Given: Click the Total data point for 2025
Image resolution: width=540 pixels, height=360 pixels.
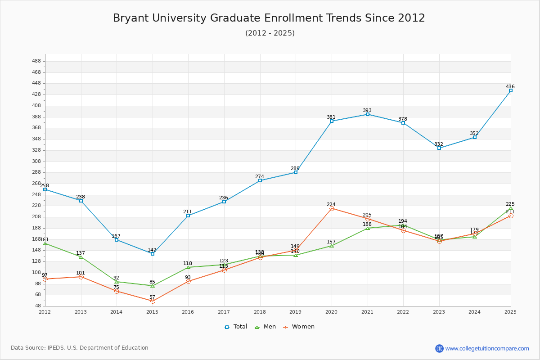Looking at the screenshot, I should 511,90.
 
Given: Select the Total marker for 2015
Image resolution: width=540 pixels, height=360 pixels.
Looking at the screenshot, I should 153,254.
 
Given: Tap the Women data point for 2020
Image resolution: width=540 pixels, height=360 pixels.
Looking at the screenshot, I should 332,208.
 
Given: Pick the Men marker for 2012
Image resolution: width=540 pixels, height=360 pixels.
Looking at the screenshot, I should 45,243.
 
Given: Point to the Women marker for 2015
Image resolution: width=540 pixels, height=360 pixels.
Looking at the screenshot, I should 153,301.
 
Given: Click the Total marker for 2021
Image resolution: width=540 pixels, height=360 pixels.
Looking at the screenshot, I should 368,114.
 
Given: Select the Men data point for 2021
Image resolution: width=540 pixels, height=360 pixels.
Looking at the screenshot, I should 368,228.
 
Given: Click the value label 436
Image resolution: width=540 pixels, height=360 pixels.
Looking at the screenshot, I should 510,86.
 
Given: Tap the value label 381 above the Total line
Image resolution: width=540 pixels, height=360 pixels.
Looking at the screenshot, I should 331,117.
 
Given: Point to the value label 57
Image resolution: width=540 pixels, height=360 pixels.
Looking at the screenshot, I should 152,297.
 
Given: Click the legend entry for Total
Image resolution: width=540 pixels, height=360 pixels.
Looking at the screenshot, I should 236,327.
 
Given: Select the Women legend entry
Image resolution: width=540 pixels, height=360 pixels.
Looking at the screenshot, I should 299,327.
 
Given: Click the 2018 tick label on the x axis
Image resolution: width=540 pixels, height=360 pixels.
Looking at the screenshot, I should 260,311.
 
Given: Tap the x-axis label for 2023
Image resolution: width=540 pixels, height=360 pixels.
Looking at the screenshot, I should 439,311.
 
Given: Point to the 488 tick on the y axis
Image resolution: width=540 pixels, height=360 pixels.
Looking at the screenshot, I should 36,61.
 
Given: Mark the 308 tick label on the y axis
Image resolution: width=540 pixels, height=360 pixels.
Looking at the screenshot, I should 36,161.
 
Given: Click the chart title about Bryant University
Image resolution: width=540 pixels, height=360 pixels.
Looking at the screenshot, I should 269,18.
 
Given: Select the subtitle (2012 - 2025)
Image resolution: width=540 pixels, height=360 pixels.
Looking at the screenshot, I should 270,33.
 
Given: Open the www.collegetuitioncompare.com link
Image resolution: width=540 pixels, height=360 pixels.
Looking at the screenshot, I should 487,348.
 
